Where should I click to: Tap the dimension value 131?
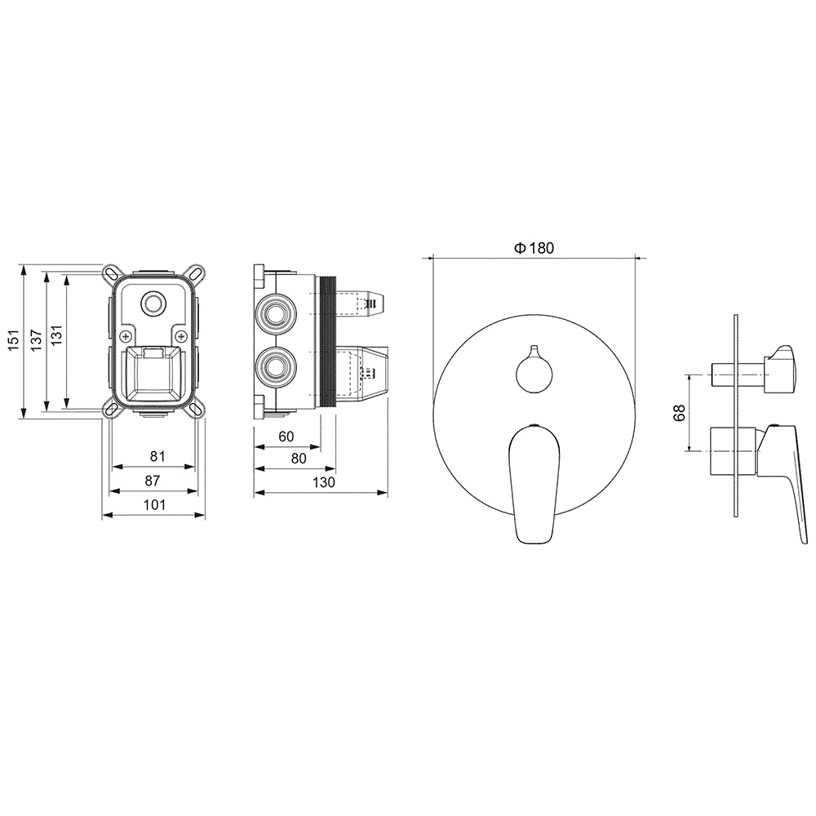pyautogui.click(x=57, y=335)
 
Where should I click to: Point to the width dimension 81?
pyautogui.click(x=157, y=456)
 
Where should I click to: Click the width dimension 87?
pyautogui.click(x=152, y=481)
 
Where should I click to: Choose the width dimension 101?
pyautogui.click(x=154, y=504)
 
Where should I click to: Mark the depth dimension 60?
pyautogui.click(x=286, y=437)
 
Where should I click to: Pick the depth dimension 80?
pyautogui.click(x=299, y=459)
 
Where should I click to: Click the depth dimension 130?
pyautogui.click(x=324, y=482)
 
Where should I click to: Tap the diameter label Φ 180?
pyautogui.click(x=534, y=248)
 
